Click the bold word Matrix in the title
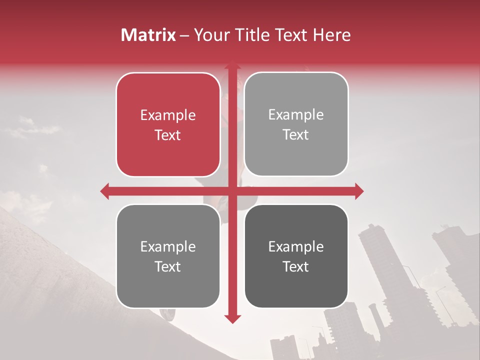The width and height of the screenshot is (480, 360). tap(148, 35)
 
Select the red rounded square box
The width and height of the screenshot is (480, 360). tap(168, 124)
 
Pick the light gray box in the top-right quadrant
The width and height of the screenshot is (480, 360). tap(296, 124)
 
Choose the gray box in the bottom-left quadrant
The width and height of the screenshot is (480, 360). tap(168, 256)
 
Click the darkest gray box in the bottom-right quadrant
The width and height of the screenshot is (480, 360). tap(296, 256)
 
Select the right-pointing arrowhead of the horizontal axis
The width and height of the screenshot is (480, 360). tap(359, 191)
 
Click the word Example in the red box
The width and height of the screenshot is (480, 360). tap(168, 115)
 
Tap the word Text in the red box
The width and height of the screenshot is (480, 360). tap(168, 135)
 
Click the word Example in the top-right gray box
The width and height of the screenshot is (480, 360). tap(296, 115)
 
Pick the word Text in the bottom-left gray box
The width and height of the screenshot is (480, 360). tap(168, 266)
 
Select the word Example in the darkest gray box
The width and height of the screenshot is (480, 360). tap(296, 246)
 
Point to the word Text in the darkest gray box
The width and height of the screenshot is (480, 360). tap(296, 266)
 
